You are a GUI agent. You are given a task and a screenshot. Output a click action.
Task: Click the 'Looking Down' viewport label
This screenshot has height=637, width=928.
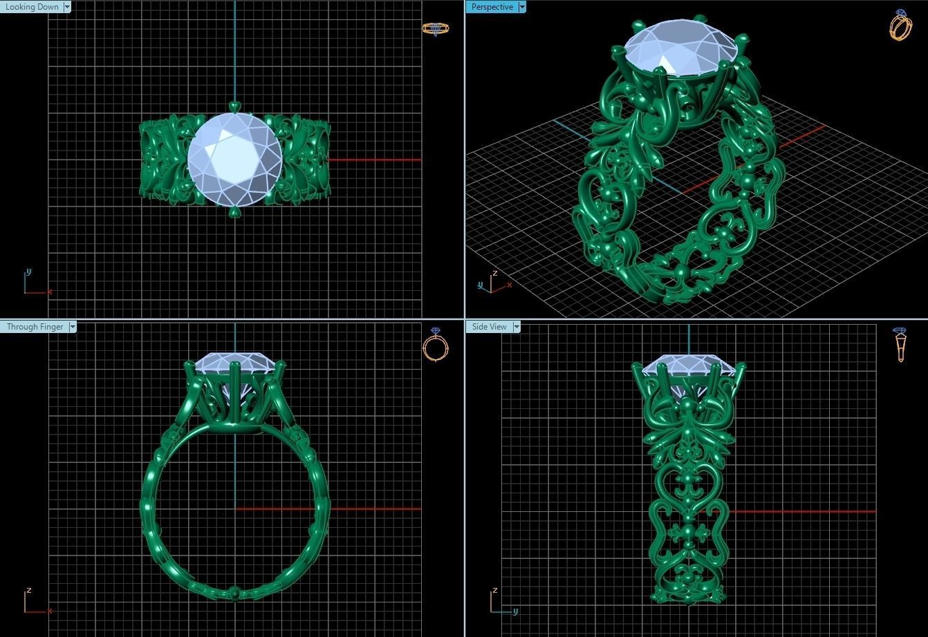click(x=32, y=7)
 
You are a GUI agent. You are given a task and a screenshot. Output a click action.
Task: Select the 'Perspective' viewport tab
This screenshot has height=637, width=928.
click(x=492, y=7)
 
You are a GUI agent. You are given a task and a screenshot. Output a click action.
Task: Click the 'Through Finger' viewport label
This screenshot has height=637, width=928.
click(x=35, y=327)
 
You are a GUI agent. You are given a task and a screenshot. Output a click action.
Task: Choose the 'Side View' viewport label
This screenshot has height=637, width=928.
click(x=489, y=327)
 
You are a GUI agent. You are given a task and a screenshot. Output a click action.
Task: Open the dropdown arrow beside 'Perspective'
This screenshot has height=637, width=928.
click(x=522, y=7)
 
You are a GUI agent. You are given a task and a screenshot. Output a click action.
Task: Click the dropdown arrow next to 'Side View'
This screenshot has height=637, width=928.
click(x=517, y=327)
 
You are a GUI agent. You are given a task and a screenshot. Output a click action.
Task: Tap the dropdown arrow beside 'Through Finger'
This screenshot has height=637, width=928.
click(x=73, y=327)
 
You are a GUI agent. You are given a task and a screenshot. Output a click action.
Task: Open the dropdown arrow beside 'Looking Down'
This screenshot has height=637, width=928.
click(x=67, y=7)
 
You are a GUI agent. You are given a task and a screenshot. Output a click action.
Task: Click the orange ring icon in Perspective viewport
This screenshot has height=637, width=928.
click(x=900, y=26)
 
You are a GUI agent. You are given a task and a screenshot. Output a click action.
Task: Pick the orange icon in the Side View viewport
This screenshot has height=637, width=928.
click(x=900, y=345)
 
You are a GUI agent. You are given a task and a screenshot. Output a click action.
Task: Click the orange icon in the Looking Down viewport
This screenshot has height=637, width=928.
click(x=436, y=28)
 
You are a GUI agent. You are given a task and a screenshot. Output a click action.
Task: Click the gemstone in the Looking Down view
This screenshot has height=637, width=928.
click(x=234, y=159)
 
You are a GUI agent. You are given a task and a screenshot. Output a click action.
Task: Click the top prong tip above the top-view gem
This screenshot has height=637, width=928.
click(x=234, y=106)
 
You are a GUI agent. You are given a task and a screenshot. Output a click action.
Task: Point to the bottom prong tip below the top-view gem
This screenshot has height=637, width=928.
click(x=234, y=211)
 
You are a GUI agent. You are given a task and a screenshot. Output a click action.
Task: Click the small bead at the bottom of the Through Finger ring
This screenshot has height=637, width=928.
click(x=235, y=592)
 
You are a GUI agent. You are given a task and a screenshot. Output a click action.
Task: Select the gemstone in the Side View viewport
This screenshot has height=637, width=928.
click(x=689, y=365)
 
